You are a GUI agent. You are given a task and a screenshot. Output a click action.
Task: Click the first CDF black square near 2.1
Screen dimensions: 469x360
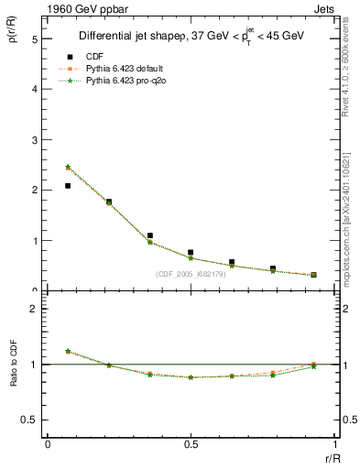[x=68, y=186]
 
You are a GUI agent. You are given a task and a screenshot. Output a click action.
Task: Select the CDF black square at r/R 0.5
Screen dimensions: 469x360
[x=191, y=252]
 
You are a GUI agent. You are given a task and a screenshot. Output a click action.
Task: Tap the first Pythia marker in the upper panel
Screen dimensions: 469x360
[x=68, y=168]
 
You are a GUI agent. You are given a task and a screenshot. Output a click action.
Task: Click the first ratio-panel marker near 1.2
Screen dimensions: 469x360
[x=68, y=351]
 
